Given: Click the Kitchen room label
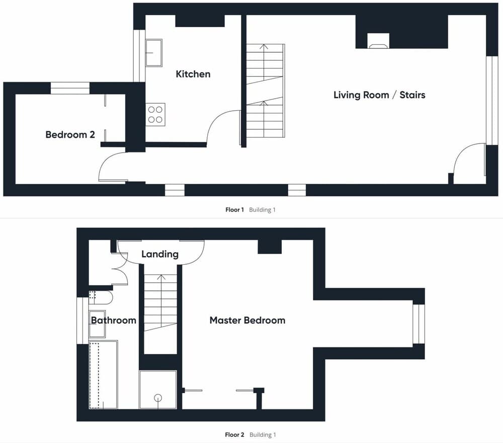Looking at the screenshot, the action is coord(193,74).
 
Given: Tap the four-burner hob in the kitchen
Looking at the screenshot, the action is coord(155,115).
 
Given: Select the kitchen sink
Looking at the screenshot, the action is coord(154,53).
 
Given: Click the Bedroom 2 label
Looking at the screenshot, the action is coord(70,134).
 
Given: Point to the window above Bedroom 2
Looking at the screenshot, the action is coord(70,88).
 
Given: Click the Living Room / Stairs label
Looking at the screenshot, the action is coord(379,95).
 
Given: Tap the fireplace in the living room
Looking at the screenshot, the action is coord(378,41).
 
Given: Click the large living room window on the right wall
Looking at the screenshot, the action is coord(492,101).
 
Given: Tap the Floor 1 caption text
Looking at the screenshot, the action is coord(234,210).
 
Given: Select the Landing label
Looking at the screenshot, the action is coord(160,254).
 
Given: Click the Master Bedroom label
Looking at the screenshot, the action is coord(247,320).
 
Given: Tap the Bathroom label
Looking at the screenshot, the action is coord(114,320).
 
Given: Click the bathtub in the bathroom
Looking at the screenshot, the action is coord(103,375).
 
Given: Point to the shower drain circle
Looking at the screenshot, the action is coord(158,398).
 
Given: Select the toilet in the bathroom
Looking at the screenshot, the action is coord(101,298).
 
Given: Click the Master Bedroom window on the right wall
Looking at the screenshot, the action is coord(418,324).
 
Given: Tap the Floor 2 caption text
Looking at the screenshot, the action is coord(234,434).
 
